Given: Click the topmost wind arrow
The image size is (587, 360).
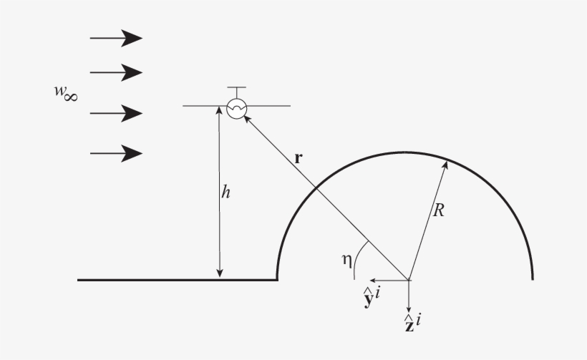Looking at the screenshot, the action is point(116,38).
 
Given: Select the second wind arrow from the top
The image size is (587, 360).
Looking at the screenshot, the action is point(116,72).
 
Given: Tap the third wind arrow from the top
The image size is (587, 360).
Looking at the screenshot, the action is point(116,113).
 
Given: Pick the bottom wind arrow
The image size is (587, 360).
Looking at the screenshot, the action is point(116,152).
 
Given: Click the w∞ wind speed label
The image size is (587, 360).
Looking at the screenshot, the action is point(66,93).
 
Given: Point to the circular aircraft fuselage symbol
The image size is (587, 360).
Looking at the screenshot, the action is point(236,107).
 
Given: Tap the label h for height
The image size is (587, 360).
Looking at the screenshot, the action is point(225,193).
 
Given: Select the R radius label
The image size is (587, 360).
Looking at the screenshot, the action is point(440,210).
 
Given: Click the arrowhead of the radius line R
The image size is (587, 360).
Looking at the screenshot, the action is point(445,165).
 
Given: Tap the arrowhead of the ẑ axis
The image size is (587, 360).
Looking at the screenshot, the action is point(409,303).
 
